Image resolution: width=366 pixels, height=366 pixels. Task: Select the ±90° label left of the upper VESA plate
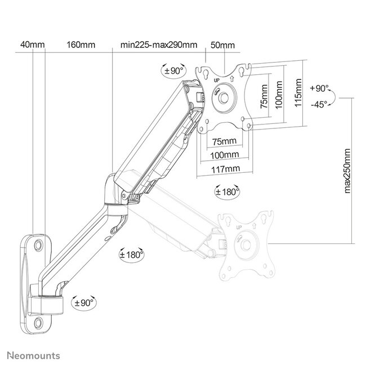coord(173,71)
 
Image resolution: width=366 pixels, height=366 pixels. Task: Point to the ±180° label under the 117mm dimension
coord(227,191)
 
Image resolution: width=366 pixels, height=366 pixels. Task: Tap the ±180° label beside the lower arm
coord(133,254)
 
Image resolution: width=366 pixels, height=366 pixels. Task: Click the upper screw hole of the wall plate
coord(38,246)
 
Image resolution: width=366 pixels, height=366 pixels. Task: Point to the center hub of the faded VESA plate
coord(246,244)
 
